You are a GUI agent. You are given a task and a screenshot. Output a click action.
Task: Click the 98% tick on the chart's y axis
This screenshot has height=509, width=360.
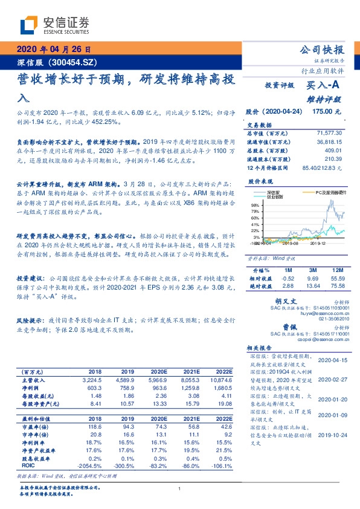tap(254, 206)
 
